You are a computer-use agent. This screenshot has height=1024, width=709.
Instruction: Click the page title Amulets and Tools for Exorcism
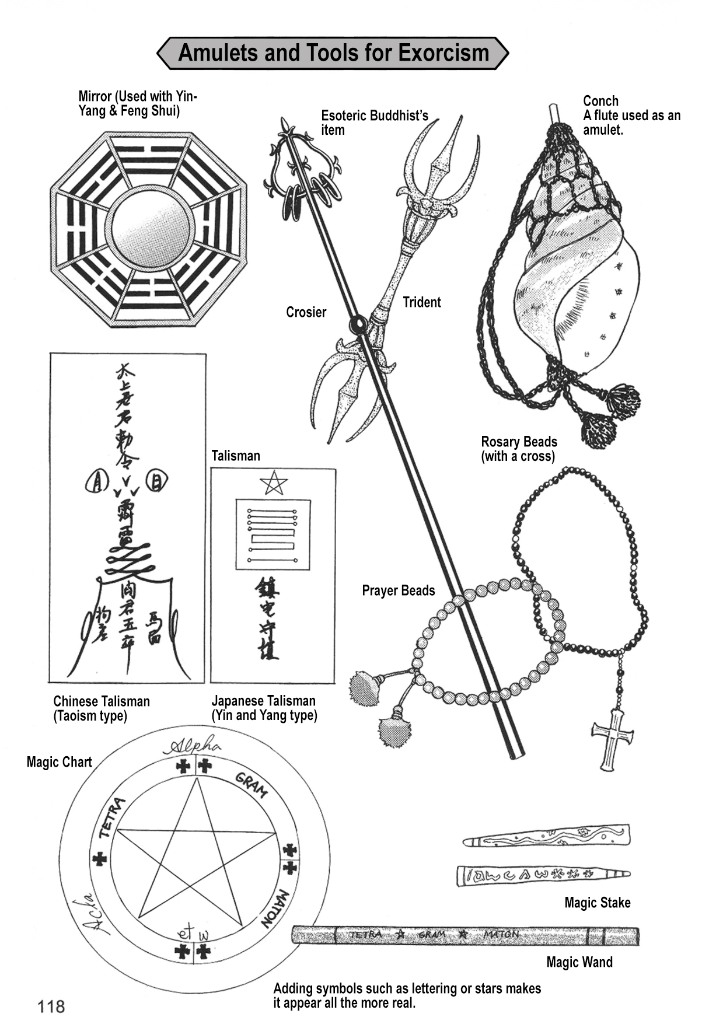333,53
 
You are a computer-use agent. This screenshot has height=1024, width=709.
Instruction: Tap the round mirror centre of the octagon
150,228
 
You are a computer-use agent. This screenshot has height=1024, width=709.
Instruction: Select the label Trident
421,302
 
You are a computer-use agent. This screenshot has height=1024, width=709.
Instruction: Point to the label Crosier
306,312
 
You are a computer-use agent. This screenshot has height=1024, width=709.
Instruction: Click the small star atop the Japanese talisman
273,483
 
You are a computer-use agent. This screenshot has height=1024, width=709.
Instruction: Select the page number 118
51,1006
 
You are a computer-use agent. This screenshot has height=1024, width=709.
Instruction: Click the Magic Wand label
579,962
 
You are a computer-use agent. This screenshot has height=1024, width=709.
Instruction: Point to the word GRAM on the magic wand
432,935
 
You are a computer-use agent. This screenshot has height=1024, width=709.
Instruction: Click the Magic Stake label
597,903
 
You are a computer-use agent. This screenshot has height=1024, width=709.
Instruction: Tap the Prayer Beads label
398,590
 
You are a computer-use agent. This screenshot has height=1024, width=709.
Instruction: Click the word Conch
600,101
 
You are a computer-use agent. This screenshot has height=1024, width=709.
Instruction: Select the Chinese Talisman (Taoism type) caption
102,708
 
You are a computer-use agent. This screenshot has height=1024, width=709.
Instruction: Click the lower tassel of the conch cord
599,429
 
